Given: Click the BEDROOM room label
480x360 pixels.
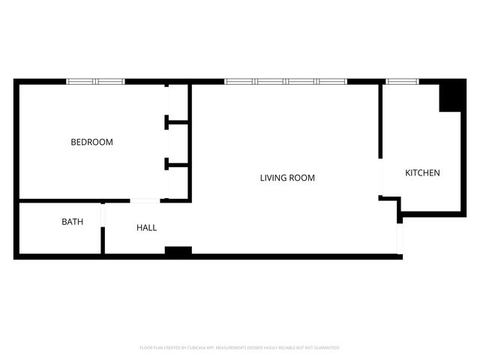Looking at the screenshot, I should (x=91, y=142).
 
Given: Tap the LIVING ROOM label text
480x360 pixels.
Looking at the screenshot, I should (x=287, y=178).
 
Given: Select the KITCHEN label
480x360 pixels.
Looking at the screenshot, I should (x=422, y=173).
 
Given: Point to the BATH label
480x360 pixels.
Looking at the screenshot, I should (x=72, y=222).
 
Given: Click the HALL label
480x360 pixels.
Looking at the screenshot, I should (x=146, y=227).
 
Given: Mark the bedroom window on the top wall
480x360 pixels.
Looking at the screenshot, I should (x=95, y=81).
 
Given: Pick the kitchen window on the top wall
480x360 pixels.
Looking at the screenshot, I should (x=402, y=81).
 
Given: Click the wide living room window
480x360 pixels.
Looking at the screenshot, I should (x=286, y=81).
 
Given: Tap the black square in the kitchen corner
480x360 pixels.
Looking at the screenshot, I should (x=451, y=96).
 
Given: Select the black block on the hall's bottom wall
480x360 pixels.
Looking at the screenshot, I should (x=178, y=250).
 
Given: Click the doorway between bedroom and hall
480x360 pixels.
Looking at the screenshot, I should (x=145, y=200).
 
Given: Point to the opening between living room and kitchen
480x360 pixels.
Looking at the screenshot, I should (x=382, y=178).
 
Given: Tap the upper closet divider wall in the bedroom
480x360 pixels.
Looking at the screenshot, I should (x=177, y=119).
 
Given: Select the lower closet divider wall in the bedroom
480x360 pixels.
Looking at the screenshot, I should (x=177, y=163).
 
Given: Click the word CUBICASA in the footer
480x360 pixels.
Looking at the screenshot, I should (x=193, y=348).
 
